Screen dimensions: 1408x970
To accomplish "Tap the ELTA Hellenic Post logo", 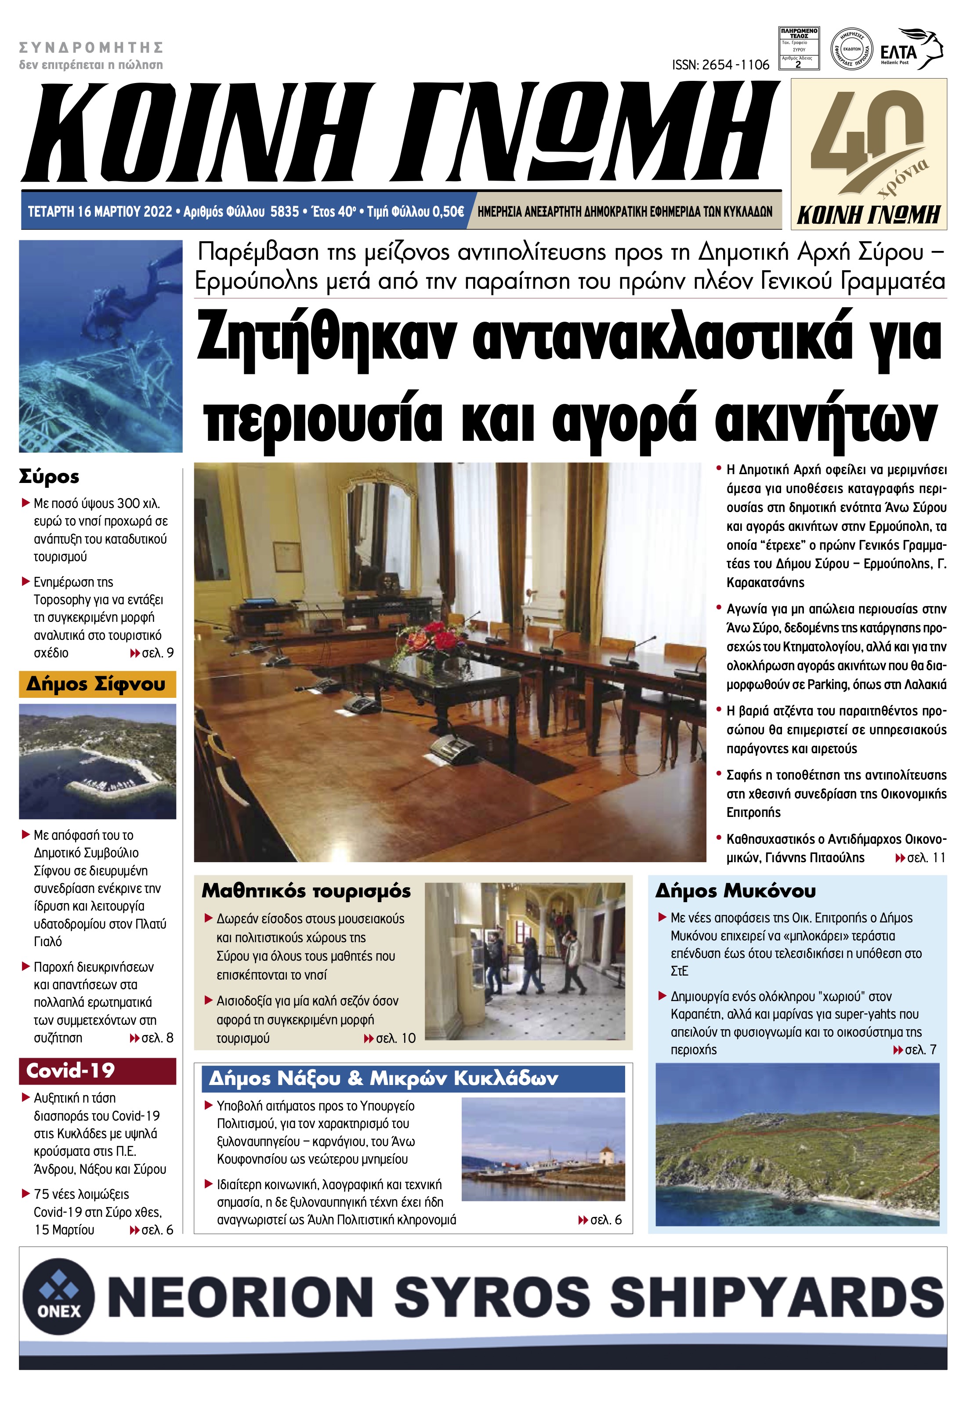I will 910,50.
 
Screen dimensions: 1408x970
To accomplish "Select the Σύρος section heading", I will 49,477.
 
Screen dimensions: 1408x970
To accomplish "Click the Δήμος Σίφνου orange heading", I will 96,685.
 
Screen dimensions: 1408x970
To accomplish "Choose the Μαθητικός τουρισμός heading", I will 306,891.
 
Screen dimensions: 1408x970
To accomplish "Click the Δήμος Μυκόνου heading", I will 735,891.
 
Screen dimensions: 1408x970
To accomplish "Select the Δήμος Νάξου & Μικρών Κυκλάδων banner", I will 383,1078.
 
